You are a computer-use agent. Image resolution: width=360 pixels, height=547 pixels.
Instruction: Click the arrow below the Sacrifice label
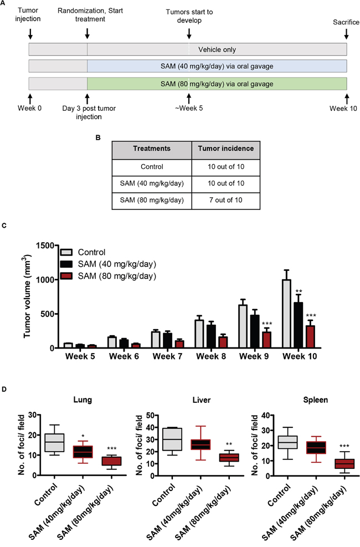[347, 35]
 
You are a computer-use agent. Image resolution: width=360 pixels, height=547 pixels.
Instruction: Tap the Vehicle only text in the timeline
[217, 50]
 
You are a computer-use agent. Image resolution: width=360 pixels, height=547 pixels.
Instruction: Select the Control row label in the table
[151, 166]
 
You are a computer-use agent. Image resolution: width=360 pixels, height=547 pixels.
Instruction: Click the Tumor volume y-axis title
[28, 296]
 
